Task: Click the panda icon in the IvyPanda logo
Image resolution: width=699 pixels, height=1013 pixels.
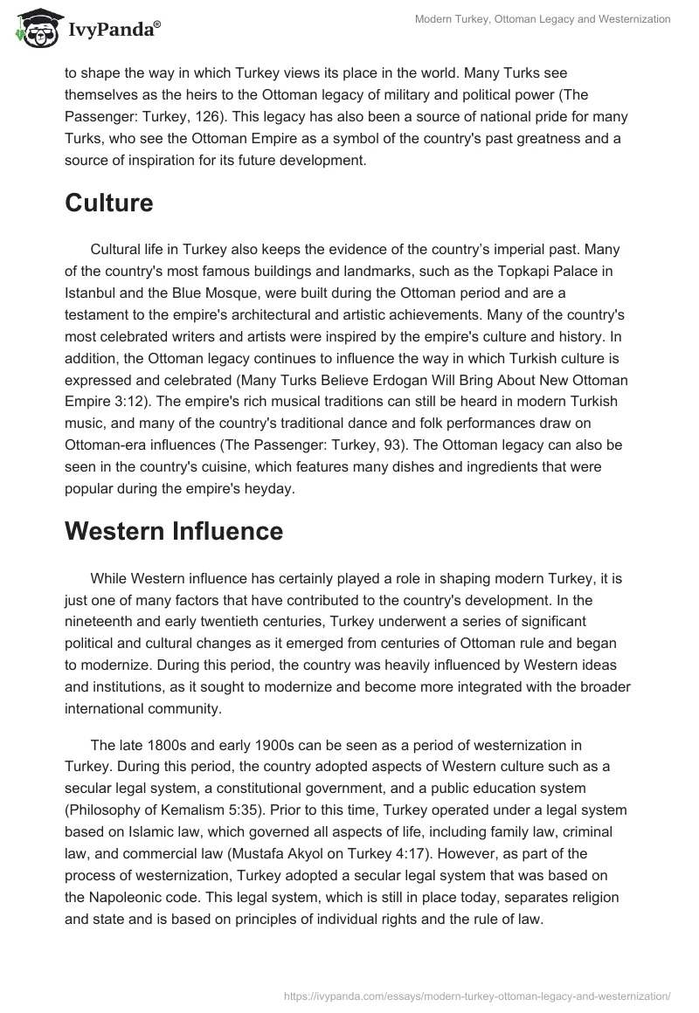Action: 35,29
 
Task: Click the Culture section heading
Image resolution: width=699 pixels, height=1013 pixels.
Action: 109,203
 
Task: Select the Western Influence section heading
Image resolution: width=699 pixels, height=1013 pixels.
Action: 174,531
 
